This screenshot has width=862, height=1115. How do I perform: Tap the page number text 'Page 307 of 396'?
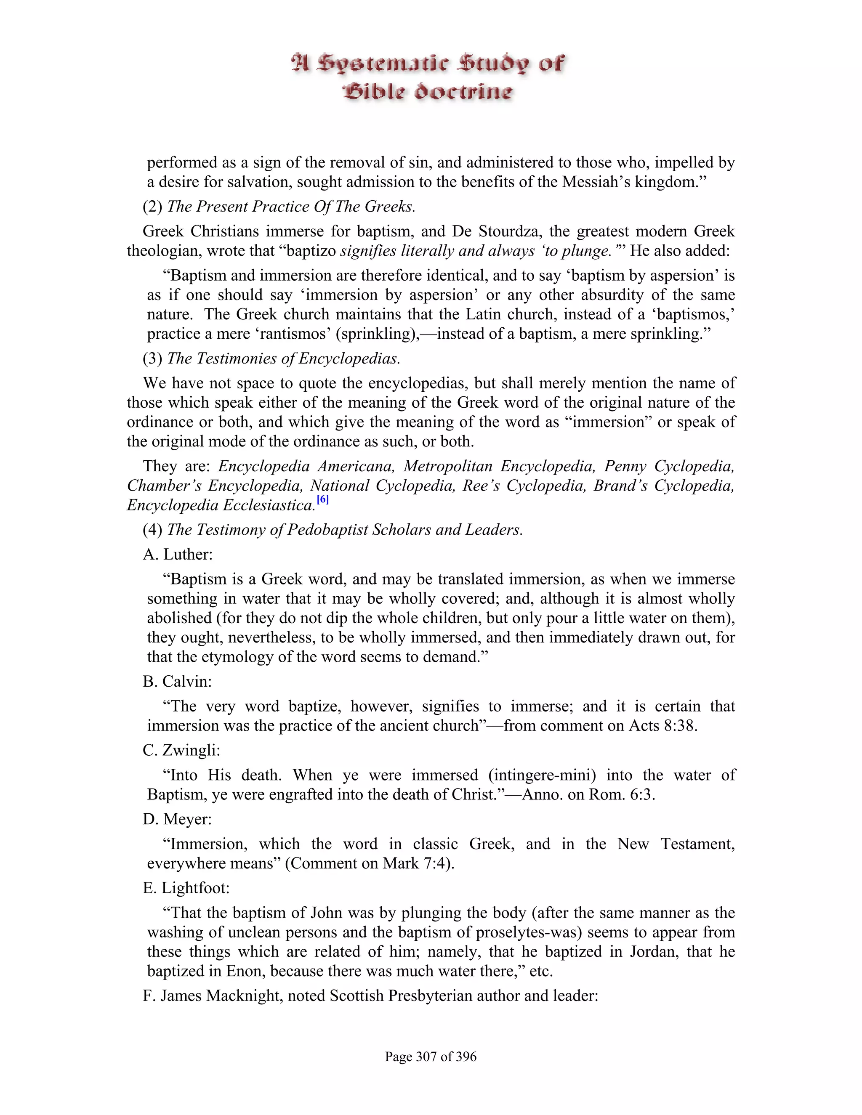[x=431, y=1056]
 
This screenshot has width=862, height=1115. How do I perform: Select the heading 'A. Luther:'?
[x=178, y=555]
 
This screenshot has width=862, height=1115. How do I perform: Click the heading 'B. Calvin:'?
[x=177, y=682]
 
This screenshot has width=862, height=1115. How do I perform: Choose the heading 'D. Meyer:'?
[x=177, y=819]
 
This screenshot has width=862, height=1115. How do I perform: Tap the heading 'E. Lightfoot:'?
[x=186, y=888]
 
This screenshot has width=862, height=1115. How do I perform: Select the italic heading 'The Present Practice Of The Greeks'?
[x=290, y=207]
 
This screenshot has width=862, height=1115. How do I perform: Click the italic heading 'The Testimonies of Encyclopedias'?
[x=283, y=358]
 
